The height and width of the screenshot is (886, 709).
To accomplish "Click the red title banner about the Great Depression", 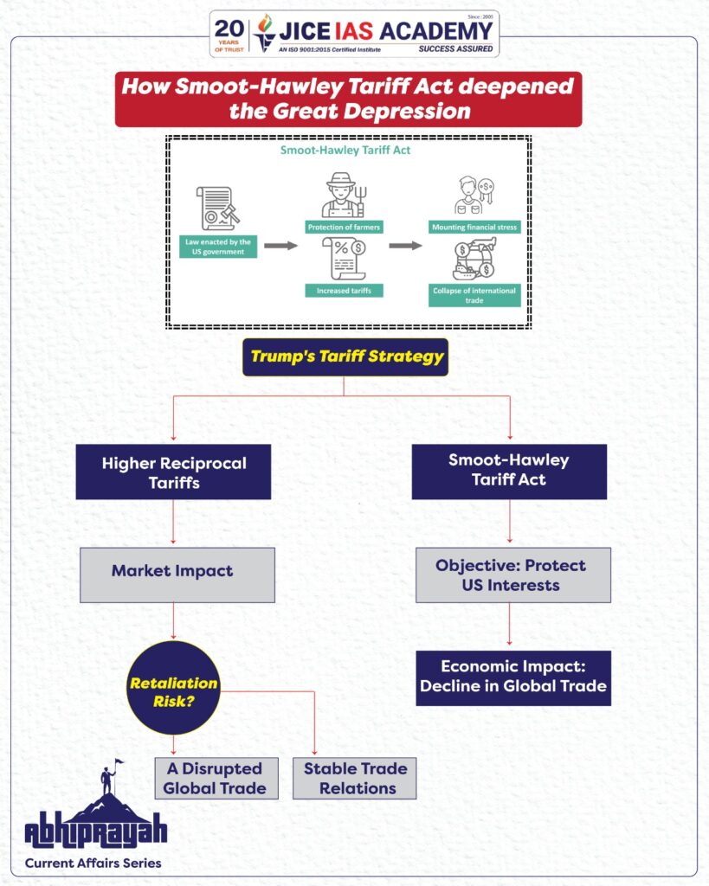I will tap(348, 99).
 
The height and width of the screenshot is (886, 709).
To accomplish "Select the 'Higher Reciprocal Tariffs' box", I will tap(173, 472).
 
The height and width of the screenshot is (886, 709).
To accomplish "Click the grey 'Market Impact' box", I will tap(177, 572).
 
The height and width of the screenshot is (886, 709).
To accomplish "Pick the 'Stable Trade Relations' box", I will tap(355, 778).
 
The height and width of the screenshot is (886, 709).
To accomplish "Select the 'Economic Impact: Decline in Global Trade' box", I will tap(513, 677).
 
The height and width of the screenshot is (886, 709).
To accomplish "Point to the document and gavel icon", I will tap(217, 208).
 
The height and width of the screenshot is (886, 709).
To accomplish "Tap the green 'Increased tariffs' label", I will tap(343, 291).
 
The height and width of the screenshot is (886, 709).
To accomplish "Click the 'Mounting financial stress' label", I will tap(475, 228).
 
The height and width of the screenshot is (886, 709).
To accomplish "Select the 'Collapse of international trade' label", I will tap(475, 296).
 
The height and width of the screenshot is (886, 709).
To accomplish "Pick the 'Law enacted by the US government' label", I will tap(217, 247).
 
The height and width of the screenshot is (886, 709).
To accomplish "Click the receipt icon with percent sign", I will tap(343, 258).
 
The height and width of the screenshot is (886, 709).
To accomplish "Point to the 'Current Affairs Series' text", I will tap(93, 863).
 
